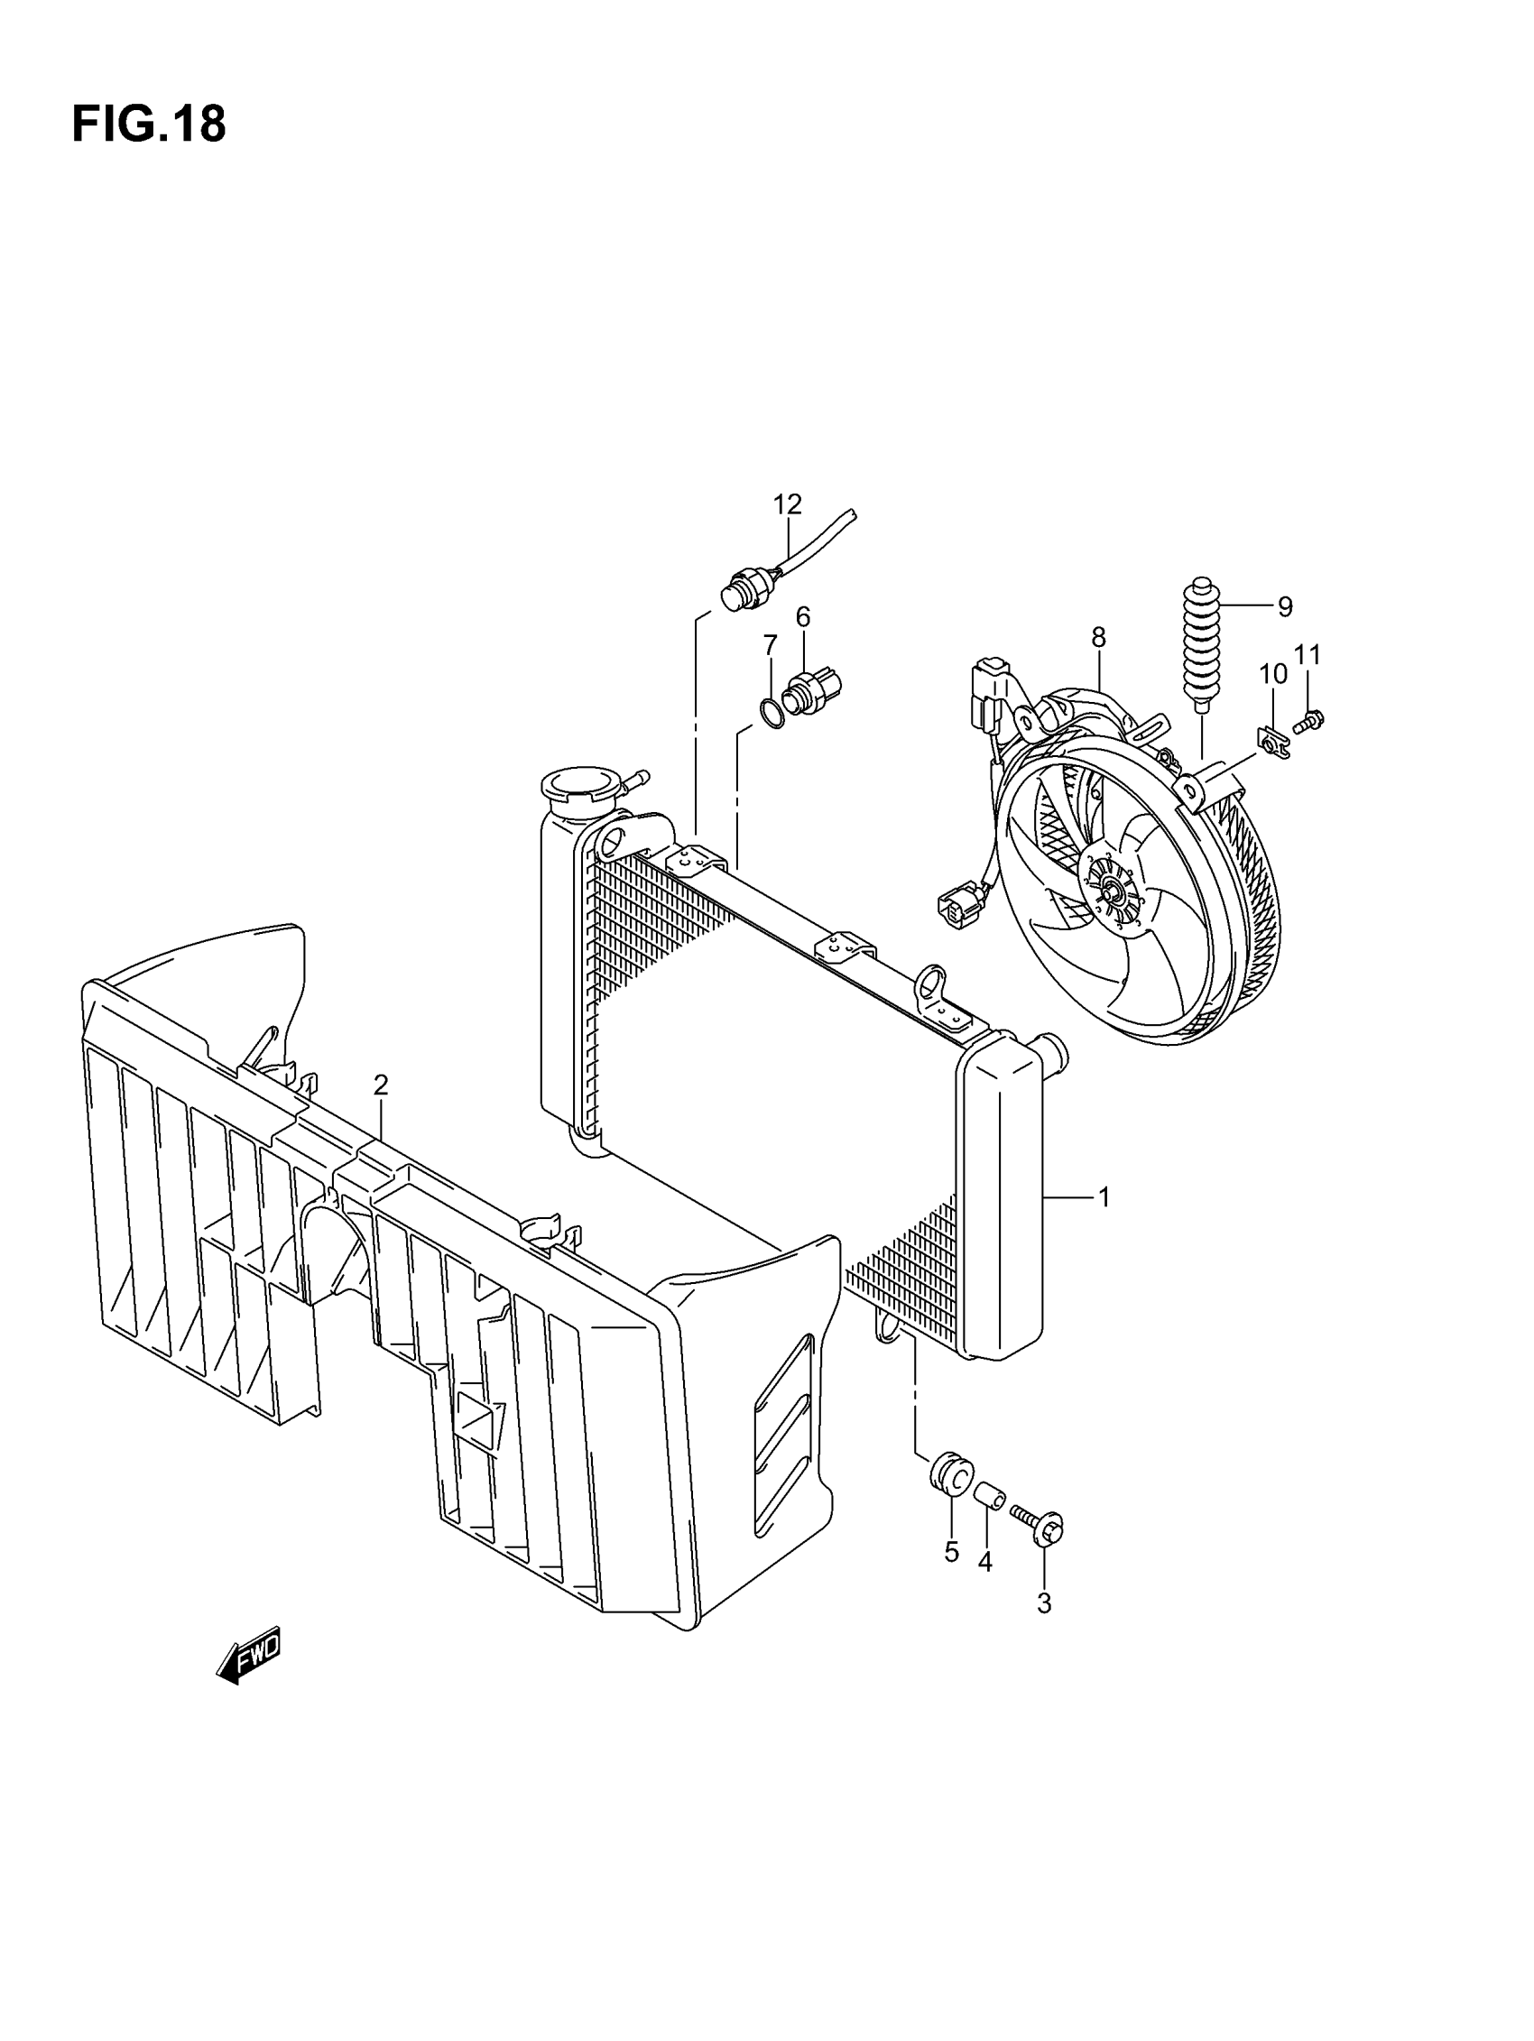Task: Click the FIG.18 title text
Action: (x=148, y=125)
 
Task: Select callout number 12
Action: (x=786, y=504)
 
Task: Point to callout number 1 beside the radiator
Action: (x=1103, y=1197)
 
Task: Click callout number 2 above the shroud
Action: (x=380, y=1085)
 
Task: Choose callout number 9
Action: (x=1285, y=607)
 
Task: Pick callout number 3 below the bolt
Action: (x=1044, y=1603)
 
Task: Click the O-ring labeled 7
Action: (x=771, y=712)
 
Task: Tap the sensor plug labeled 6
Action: (x=812, y=689)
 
